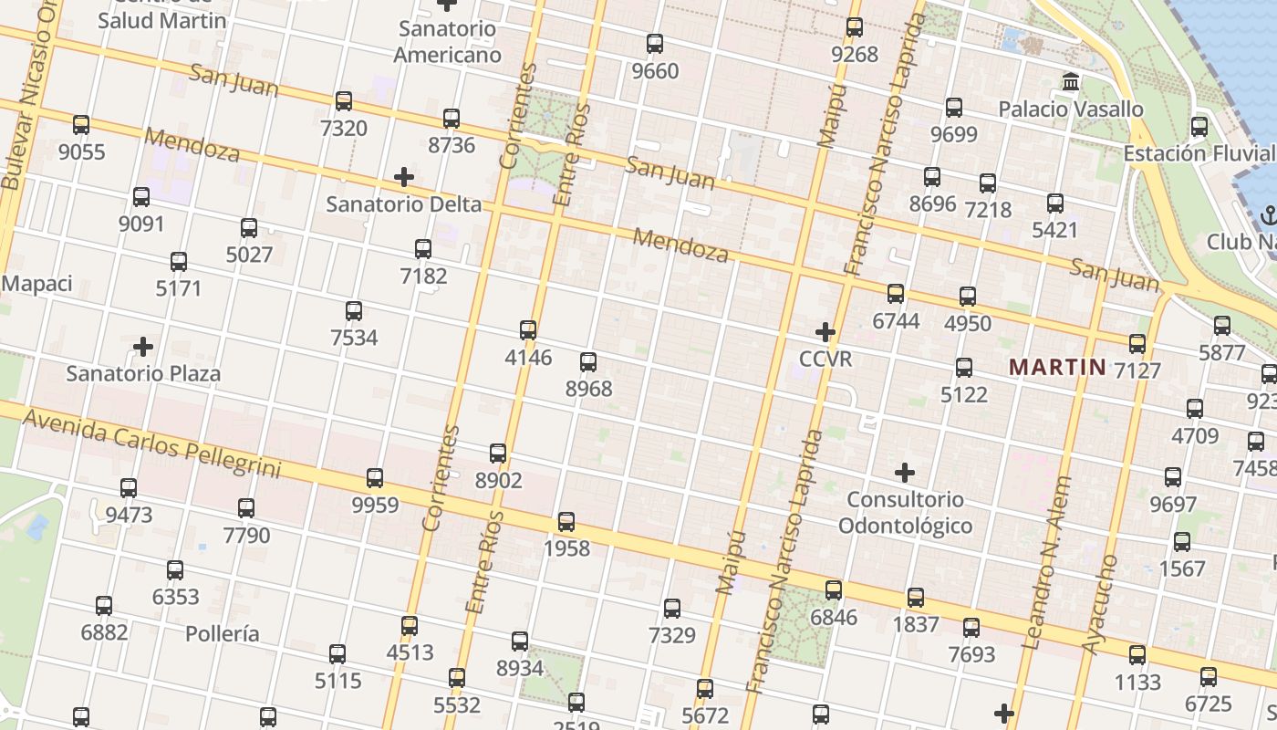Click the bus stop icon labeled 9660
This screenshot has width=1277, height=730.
tap(654, 43)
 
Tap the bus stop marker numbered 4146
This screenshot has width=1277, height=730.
tap(528, 329)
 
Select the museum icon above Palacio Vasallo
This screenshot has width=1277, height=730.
tap(1071, 82)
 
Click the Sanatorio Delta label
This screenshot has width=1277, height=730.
tap(403, 203)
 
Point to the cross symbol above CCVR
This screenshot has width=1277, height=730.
tap(825, 332)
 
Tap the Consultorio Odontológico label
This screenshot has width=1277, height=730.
tap(905, 512)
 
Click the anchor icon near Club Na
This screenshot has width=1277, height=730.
tap(1268, 215)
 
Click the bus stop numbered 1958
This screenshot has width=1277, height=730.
tap(566, 522)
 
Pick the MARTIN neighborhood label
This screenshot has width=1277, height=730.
tap(1056, 368)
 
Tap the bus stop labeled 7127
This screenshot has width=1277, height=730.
tap(1137, 343)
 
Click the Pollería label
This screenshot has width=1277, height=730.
tap(223, 633)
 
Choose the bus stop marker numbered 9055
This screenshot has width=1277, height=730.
tap(81, 125)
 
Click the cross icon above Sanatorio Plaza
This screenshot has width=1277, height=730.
tap(143, 347)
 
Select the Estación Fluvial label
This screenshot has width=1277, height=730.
tap(1199, 152)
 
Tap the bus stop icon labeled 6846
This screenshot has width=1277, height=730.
tap(834, 590)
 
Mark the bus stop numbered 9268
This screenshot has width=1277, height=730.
tap(854, 27)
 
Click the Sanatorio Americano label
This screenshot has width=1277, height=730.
tap(447, 42)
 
